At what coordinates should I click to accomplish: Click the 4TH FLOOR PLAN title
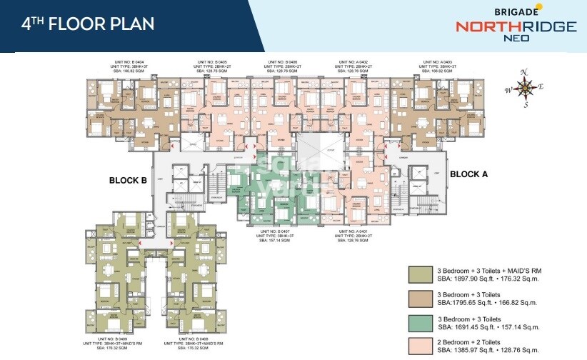pyautogui.click(x=88, y=24)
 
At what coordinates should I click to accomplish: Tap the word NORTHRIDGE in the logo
pyautogui.click(x=516, y=27)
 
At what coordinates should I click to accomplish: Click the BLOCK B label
pyautogui.click(x=128, y=181)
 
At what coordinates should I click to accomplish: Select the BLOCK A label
pyautogui.click(x=468, y=174)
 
